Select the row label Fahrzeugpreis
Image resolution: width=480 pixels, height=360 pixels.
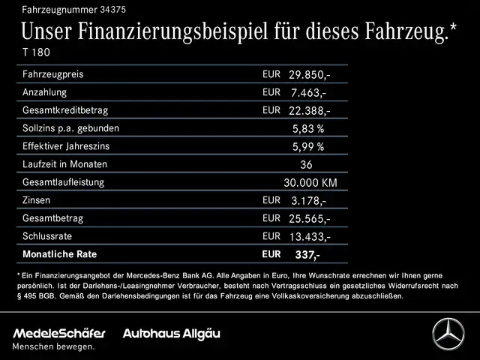53,75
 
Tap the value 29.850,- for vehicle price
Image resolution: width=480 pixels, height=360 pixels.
309,75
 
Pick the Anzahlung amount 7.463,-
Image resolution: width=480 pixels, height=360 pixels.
309,93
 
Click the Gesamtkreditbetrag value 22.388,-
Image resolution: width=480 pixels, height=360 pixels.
309,111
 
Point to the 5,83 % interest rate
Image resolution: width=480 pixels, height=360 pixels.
308,129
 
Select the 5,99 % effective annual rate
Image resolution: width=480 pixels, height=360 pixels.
308,147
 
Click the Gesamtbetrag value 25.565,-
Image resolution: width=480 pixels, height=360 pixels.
309,219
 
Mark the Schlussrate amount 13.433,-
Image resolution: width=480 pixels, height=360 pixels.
309,237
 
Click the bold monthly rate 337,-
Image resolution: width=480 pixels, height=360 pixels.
307,255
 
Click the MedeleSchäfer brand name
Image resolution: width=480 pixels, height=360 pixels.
59,332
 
